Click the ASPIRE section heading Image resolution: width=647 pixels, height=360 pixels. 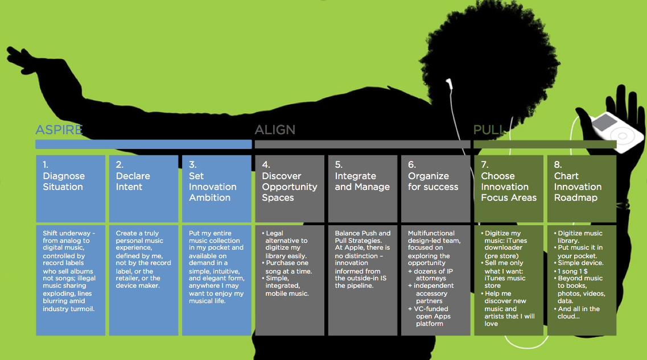click(x=59, y=130)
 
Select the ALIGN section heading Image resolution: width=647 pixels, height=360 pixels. click(x=275, y=130)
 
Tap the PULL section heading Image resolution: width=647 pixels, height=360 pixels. click(x=488, y=130)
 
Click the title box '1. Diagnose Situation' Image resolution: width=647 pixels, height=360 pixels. click(x=71, y=188)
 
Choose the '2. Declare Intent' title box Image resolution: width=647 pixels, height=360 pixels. click(x=143, y=188)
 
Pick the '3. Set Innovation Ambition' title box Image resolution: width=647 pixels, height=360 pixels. click(x=216, y=188)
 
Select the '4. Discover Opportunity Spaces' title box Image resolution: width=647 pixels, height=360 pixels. click(x=290, y=188)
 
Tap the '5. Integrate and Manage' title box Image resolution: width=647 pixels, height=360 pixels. click(x=362, y=188)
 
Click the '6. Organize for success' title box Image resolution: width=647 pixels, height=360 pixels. click(x=435, y=188)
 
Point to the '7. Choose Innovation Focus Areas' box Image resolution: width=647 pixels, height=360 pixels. click(x=509, y=188)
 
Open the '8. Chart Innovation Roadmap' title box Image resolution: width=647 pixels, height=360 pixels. click(x=582, y=188)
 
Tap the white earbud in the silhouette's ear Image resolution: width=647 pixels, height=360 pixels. click(x=450, y=84)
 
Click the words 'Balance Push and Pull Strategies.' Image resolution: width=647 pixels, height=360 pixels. click(x=362, y=237)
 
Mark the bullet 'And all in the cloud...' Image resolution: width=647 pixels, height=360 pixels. click(x=579, y=312)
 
